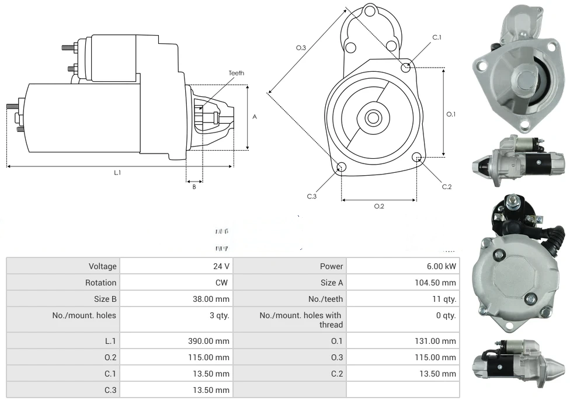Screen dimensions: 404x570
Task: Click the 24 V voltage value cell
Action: (221, 266)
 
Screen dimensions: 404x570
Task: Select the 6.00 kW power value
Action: (442, 266)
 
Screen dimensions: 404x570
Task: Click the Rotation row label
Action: (100, 283)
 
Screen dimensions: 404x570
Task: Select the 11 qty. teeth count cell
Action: (444, 299)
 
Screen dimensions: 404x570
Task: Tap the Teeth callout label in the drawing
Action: (237, 73)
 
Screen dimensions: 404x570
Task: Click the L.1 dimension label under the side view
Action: (117, 172)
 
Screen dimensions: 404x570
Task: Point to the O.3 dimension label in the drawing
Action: (301, 48)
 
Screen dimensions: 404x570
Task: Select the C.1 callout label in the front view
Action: (437, 37)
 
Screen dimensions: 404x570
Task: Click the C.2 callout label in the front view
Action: (447, 187)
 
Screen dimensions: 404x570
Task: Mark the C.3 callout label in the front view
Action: (312, 196)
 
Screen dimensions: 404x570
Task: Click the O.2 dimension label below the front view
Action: (379, 206)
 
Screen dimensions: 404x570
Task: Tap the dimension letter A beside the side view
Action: (255, 117)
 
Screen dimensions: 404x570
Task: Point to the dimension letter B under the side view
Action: (194, 187)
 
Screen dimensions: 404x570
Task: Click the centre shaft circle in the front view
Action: (373, 117)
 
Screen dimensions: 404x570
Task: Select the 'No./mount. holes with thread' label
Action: (301, 319)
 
